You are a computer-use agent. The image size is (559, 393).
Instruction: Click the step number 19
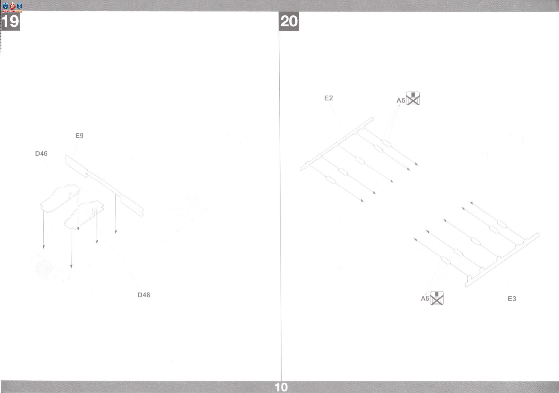click(10, 21)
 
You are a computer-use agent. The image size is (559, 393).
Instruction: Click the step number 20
click(289, 21)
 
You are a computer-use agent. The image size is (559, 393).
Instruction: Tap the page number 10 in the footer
click(281, 387)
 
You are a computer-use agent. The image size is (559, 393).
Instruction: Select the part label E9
click(79, 136)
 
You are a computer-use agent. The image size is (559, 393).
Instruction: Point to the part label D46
click(41, 154)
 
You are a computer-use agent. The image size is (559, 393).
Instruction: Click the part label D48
click(144, 295)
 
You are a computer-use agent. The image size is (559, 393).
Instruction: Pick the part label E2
click(328, 98)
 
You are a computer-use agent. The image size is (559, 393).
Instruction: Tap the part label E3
click(512, 299)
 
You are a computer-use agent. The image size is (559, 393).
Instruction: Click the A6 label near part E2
click(401, 100)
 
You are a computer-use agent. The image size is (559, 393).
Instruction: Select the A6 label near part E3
click(425, 298)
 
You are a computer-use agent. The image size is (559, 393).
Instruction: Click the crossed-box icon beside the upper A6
click(413, 98)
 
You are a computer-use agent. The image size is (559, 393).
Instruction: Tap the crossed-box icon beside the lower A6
click(437, 298)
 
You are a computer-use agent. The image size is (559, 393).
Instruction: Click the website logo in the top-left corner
click(12, 7)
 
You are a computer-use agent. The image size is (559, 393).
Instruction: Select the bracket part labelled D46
click(60, 198)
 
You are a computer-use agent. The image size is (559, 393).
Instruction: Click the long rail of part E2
click(337, 144)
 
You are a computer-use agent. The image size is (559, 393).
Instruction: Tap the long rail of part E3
click(502, 260)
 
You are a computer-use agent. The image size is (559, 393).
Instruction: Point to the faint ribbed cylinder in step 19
click(45, 269)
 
